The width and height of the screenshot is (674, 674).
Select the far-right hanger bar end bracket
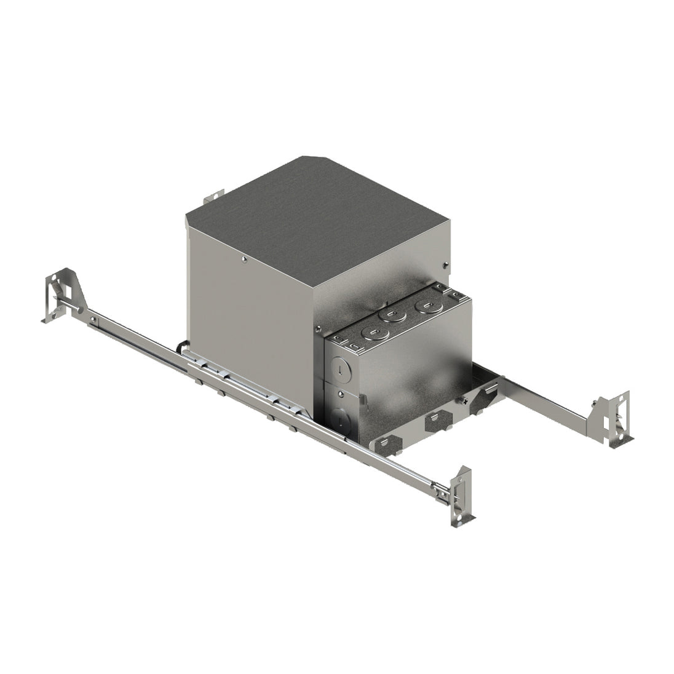[615, 419]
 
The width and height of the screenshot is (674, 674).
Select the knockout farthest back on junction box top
[423, 305]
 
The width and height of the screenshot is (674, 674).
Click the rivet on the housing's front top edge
[244, 260]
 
